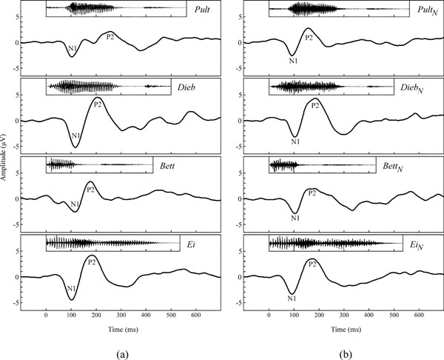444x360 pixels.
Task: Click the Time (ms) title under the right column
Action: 344,326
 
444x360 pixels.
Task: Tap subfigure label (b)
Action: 344,352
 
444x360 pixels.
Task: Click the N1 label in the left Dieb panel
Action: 75,136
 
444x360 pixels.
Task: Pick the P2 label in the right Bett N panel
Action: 312,193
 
